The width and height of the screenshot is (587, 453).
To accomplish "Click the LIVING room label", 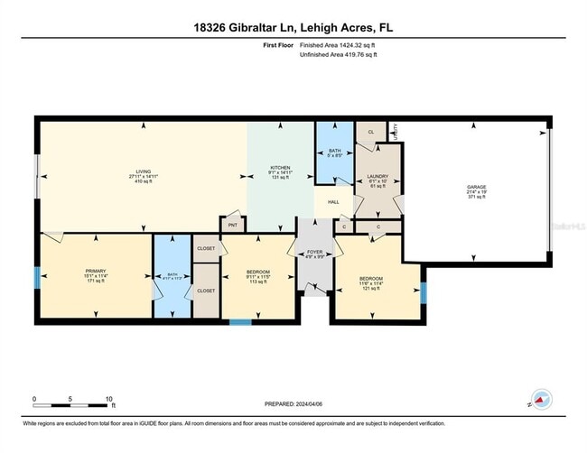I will pyautogui.click(x=142, y=173).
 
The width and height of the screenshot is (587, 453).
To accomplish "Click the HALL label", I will pyautogui.click(x=333, y=202).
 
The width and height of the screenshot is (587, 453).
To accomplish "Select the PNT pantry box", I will pyautogui.click(x=232, y=226).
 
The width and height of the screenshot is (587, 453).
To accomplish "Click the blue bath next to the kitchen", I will pyautogui.click(x=334, y=152).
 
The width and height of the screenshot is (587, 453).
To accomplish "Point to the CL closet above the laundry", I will pyautogui.click(x=371, y=132).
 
